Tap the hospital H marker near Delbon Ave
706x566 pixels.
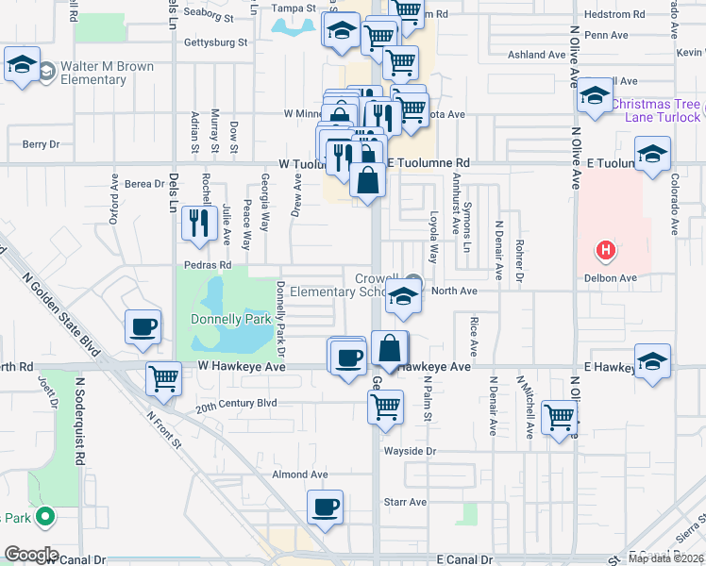coord(605,251)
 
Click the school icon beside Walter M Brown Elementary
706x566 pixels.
coord(22,65)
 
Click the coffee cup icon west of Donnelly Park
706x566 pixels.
coord(143,326)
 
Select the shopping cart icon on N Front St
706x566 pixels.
coord(164,378)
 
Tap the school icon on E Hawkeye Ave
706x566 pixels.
coord(652,361)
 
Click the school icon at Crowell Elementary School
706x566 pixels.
coord(403,298)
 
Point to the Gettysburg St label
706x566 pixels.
coord(214,42)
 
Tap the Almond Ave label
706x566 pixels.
coord(299,474)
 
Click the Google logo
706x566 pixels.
coord(31,555)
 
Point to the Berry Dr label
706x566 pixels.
coord(42,144)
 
